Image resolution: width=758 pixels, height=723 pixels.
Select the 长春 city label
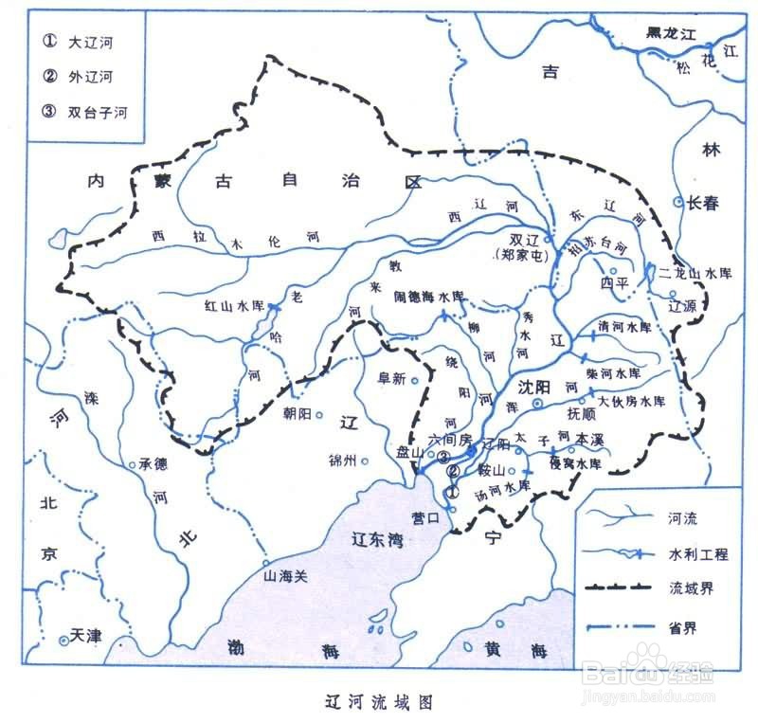pyautogui.click(x=704, y=203)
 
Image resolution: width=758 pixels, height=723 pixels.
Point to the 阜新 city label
pyautogui.click(x=391, y=378)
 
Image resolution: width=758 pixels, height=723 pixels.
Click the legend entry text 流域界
pyautogui.click(x=693, y=588)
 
